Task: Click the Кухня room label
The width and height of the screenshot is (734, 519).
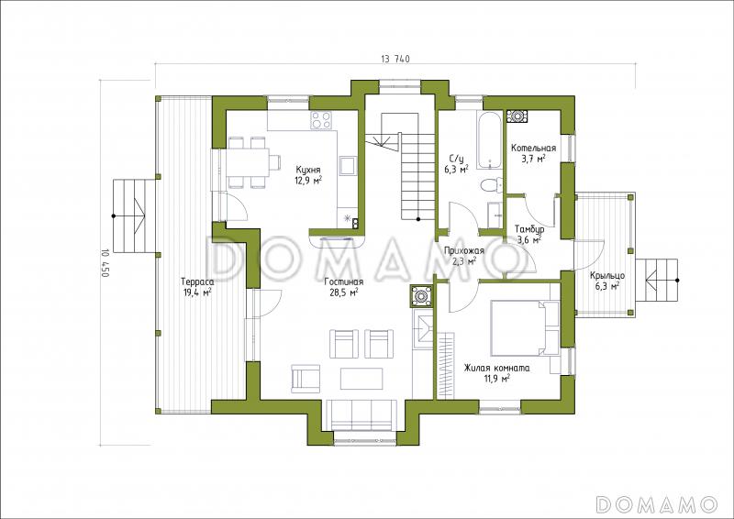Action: click(x=308, y=170)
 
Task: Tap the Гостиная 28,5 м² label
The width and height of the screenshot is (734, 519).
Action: click(x=343, y=287)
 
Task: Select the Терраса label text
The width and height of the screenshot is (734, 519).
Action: click(x=197, y=282)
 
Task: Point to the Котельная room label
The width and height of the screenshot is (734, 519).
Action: click(x=534, y=149)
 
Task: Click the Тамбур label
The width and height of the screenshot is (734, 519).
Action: click(x=529, y=230)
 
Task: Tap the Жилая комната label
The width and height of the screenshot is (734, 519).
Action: click(x=497, y=369)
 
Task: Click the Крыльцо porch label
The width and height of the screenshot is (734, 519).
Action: click(x=607, y=276)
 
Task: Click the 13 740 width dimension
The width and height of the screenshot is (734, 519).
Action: click(x=395, y=59)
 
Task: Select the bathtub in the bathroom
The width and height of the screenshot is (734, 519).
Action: click(x=489, y=140)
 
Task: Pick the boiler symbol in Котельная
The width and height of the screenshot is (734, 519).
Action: click(x=517, y=116)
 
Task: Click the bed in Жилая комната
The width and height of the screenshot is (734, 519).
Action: click(x=525, y=328)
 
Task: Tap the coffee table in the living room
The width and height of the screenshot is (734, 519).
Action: click(x=361, y=378)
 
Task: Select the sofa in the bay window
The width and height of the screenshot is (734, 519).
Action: click(x=360, y=415)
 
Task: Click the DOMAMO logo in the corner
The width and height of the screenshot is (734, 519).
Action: click(x=657, y=503)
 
